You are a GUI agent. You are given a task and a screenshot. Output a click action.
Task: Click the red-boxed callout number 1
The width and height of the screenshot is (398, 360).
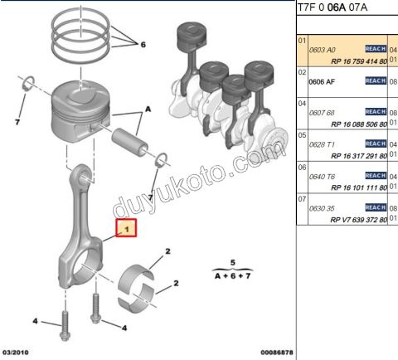coord(126,226)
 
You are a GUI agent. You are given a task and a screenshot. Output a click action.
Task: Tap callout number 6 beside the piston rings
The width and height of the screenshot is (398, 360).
coord(143,45)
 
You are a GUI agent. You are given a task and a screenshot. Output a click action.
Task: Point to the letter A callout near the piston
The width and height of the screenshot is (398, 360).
coord(148,109)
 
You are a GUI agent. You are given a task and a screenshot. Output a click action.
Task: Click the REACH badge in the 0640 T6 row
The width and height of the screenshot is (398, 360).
coord(376,175)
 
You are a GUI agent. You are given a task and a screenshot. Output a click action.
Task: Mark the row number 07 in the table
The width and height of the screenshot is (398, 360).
coord(303,199)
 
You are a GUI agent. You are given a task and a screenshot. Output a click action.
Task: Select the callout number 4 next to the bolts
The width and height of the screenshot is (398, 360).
coord(35,320)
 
